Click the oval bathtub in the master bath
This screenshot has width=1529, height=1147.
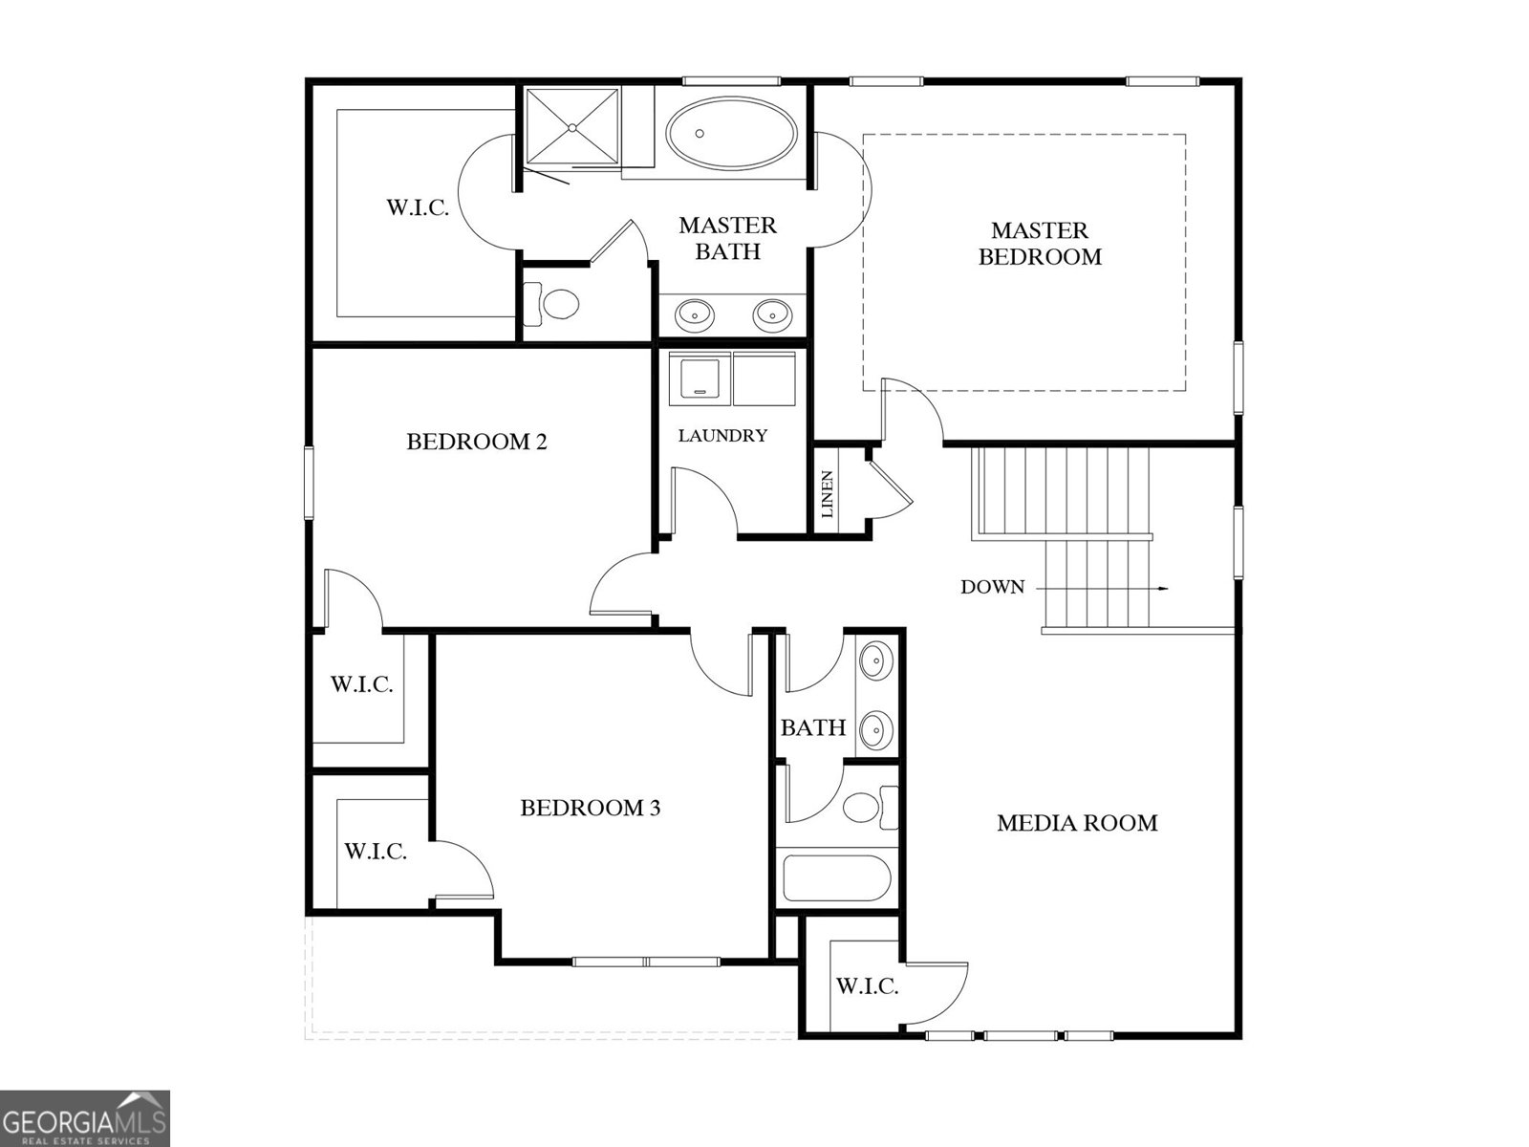tap(731, 137)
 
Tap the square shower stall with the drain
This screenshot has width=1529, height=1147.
tap(571, 126)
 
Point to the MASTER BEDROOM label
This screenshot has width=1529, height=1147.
tap(1040, 244)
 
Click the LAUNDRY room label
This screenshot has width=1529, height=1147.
tap(722, 436)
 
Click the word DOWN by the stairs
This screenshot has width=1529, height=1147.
tap(992, 587)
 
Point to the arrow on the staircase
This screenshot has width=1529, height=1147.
tap(1161, 588)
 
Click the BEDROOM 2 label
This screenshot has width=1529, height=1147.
tap(476, 442)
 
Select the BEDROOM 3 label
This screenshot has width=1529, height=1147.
tap(590, 809)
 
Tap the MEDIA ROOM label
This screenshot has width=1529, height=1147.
tap(1077, 823)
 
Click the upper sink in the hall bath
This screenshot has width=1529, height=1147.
tap(873, 660)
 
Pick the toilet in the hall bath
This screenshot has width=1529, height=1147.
tap(867, 808)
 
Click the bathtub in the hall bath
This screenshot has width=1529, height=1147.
tap(837, 877)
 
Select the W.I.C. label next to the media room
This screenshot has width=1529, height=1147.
tap(867, 986)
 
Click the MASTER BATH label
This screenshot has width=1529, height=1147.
tap(727, 238)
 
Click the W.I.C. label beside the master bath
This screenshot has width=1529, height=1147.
tap(418, 207)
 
